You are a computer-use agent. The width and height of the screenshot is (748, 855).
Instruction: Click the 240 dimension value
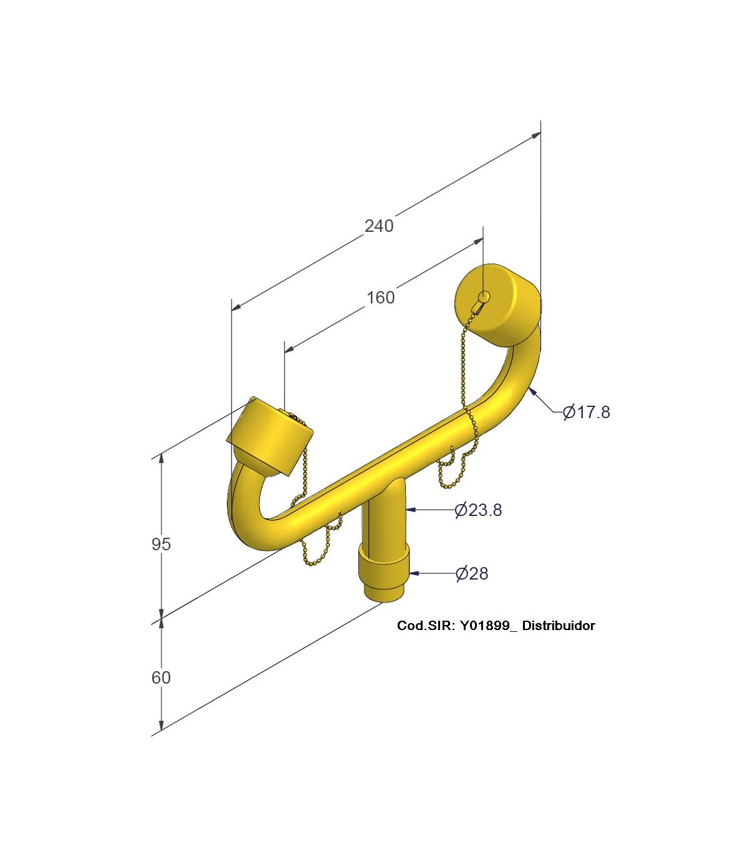(379, 226)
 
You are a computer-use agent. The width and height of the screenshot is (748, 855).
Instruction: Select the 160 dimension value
(380, 298)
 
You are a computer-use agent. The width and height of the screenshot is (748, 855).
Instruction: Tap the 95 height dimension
(161, 544)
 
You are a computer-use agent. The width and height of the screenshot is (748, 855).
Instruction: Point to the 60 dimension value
(161, 677)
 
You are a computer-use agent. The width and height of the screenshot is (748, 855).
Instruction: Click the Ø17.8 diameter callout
(587, 412)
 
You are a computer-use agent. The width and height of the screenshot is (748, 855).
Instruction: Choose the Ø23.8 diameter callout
(478, 510)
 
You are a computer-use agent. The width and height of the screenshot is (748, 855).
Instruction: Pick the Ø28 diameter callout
(472, 573)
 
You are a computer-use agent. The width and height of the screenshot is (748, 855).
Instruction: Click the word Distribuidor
(559, 626)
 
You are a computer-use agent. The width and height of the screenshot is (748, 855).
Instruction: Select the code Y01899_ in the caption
(489, 626)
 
